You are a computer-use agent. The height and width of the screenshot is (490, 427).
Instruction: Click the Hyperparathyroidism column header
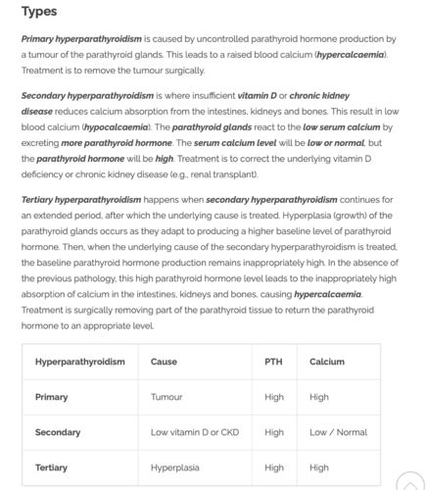80,362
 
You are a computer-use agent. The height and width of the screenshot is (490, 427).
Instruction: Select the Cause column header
164,362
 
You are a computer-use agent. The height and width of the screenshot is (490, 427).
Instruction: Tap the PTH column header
273,362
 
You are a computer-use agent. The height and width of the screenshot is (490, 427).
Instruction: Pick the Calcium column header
327,362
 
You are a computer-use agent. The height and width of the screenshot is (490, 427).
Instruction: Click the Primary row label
52,397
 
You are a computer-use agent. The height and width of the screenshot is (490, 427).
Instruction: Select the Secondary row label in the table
58,432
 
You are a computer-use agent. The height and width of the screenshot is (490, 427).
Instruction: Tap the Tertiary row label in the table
52,467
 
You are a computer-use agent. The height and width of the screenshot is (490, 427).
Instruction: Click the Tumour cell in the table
166,397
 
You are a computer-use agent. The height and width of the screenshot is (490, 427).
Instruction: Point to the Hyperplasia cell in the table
174,467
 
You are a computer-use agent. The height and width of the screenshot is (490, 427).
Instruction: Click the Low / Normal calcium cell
338,432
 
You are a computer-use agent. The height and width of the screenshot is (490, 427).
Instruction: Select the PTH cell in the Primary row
274,397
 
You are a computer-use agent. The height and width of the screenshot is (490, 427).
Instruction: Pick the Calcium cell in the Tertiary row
319,467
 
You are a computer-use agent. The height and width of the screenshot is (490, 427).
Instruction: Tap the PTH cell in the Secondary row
274,432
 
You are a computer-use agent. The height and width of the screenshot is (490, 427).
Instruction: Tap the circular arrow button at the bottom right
411,481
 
